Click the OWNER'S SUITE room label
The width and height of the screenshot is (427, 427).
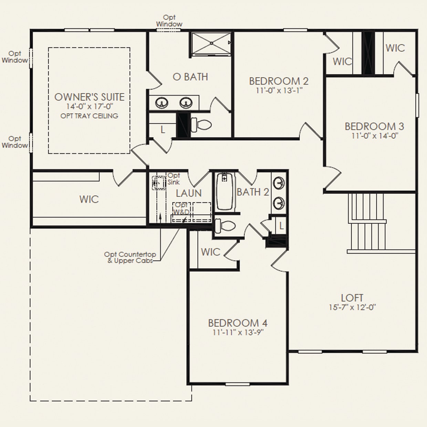(89, 97)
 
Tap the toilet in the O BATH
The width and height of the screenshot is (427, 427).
(201, 125)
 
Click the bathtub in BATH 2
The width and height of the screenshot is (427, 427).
(225, 192)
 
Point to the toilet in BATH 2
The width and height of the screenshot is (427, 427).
(225, 226)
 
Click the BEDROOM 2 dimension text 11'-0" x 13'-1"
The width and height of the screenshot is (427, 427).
(279, 91)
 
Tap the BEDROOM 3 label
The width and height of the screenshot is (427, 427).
(374, 126)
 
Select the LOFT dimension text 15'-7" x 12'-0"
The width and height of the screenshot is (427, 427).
(352, 308)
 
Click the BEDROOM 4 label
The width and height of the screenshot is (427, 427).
(238, 323)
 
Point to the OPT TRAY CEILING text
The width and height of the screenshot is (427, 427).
(89, 116)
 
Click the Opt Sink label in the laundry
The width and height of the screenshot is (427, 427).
(174, 179)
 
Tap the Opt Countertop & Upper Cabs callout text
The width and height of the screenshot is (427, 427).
(130, 257)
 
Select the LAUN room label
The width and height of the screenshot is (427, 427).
(189, 194)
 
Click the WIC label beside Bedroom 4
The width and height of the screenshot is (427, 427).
(210, 252)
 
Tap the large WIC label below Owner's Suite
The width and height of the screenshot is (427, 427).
(89, 199)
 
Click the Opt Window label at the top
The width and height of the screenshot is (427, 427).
(169, 21)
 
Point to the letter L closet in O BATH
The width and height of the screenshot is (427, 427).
(163, 129)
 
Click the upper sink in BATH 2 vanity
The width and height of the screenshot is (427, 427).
(279, 183)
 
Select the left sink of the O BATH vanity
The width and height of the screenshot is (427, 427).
(162, 103)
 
